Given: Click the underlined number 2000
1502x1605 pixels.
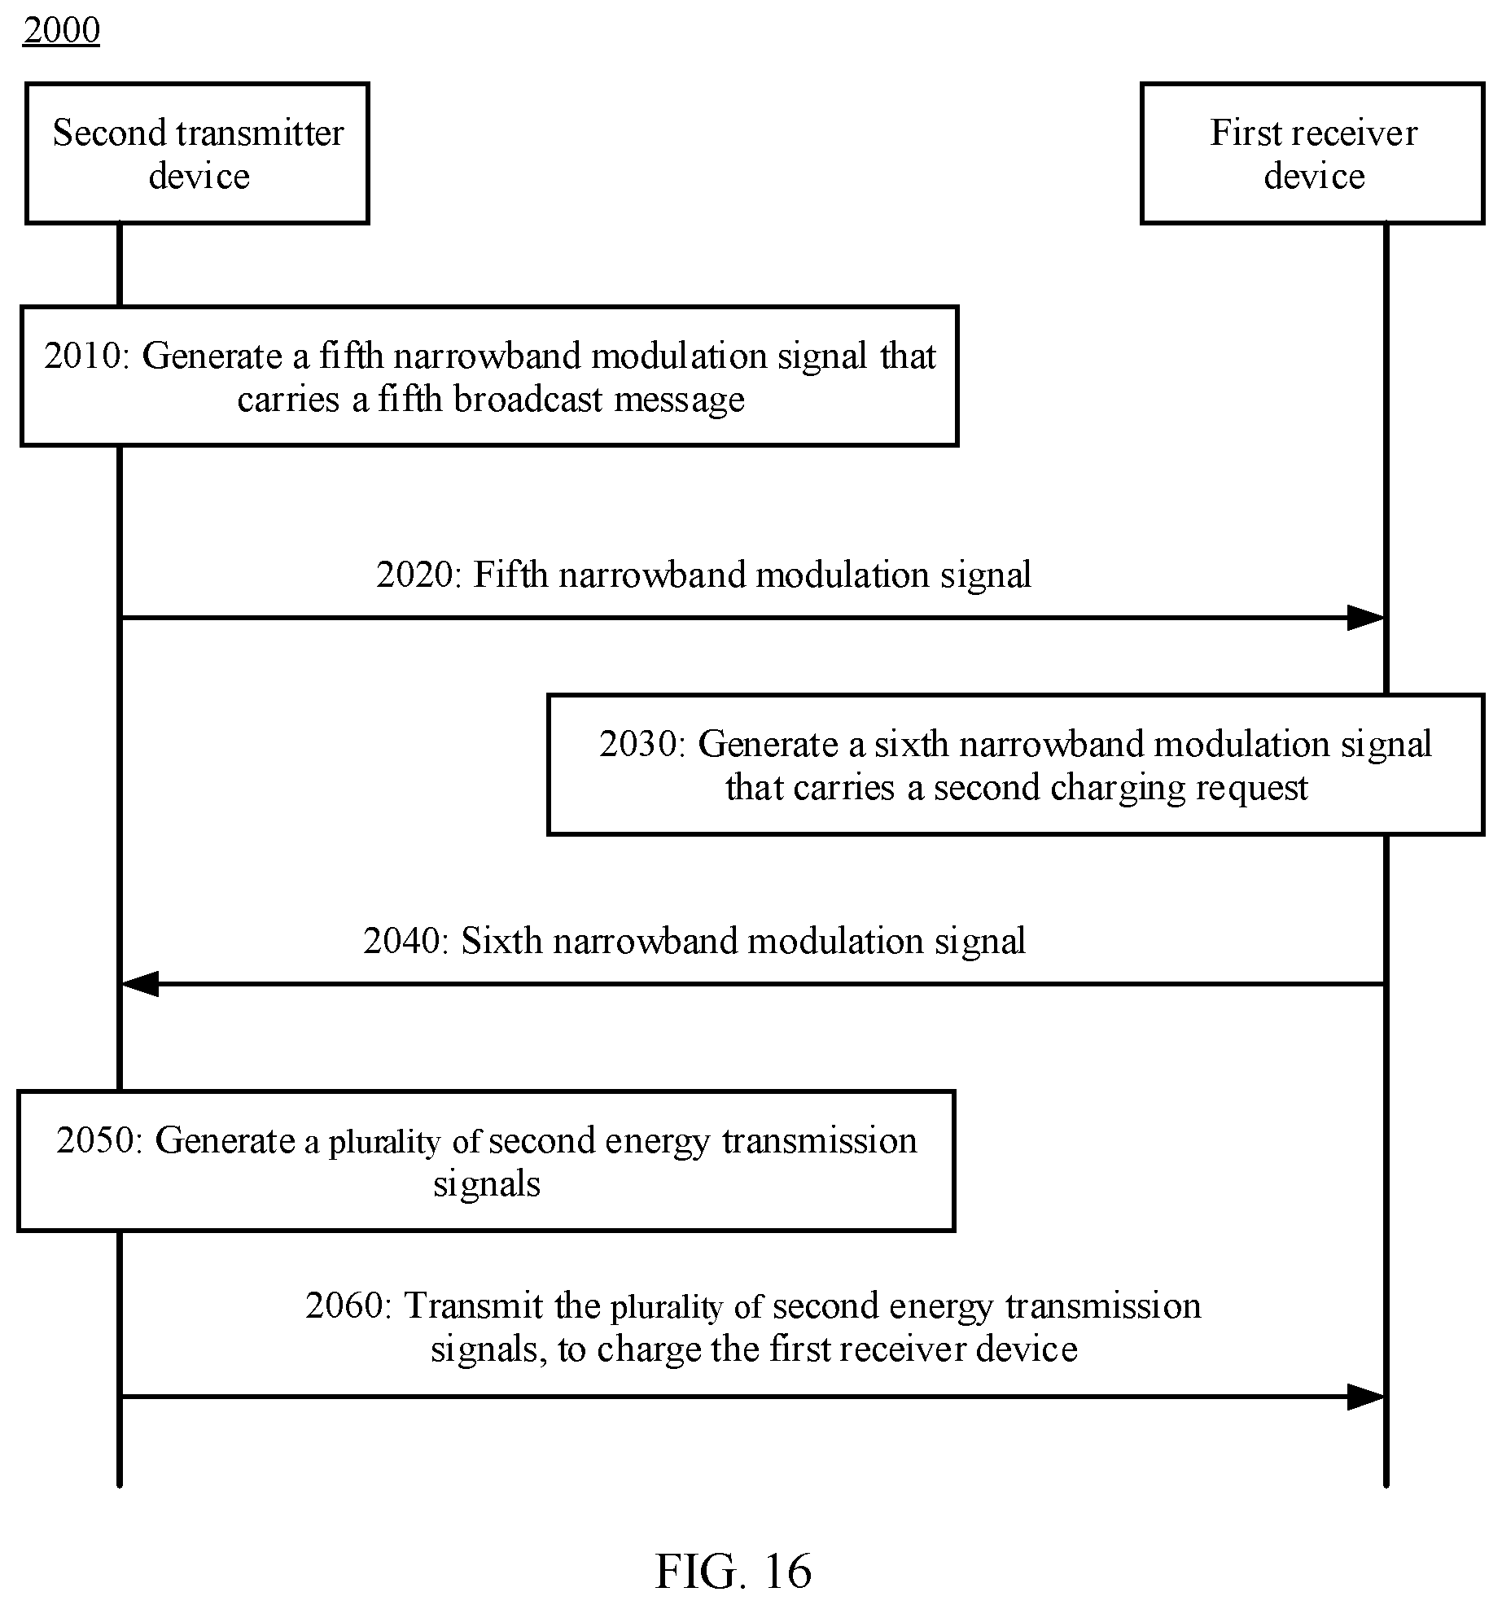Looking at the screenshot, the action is click(x=62, y=31).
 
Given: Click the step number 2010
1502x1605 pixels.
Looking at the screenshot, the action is click(x=82, y=356).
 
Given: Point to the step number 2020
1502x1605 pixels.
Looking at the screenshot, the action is click(x=414, y=575).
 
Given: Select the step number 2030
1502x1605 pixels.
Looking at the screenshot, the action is click(x=637, y=745).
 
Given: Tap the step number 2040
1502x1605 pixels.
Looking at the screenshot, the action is click(x=401, y=942).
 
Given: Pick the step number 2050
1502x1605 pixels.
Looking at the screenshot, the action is click(x=94, y=1141).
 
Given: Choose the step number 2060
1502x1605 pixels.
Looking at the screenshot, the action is click(x=344, y=1306).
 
